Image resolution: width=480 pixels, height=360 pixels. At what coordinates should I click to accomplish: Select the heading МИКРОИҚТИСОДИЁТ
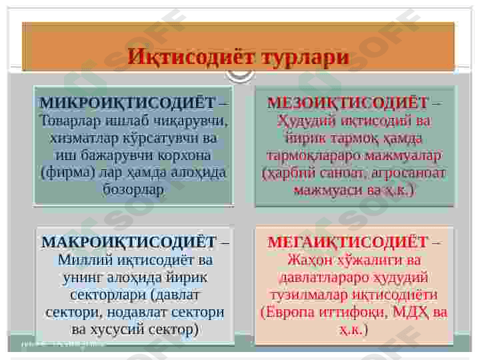pos(127,103)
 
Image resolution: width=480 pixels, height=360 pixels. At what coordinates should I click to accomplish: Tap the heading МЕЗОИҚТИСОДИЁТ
pos(347,103)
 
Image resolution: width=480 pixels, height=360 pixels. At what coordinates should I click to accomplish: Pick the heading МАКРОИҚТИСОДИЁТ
pos(129,242)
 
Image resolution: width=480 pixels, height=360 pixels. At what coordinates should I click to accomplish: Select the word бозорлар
pos(133,190)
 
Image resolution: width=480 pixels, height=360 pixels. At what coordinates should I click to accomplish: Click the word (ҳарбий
pos(287,173)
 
